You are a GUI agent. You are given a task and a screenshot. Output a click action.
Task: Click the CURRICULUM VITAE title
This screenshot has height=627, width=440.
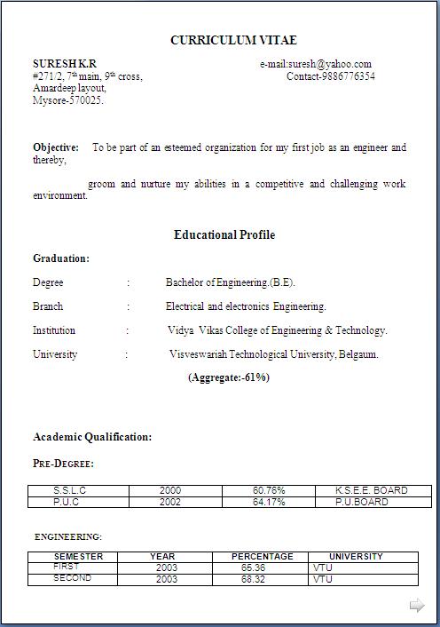[x=233, y=40]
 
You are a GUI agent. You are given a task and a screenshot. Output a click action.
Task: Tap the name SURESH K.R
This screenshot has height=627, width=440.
[x=65, y=64]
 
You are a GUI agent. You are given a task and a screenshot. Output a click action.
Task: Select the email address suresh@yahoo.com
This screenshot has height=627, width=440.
[x=316, y=64]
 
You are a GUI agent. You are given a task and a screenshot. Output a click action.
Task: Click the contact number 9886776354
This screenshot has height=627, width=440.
[x=330, y=76]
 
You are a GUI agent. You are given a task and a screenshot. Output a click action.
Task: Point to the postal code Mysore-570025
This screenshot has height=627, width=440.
[x=68, y=100]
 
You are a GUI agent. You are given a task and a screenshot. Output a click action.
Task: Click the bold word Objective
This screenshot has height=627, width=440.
[x=56, y=147]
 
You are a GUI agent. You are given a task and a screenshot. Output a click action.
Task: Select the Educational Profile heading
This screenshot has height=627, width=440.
[x=224, y=235]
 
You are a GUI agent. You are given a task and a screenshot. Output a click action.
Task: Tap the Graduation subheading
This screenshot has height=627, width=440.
[x=61, y=258]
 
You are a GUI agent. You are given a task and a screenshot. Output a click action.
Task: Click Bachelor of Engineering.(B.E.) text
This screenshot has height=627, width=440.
[x=230, y=282]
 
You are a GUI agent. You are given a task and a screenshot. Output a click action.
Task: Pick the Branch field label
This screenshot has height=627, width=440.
[x=48, y=306]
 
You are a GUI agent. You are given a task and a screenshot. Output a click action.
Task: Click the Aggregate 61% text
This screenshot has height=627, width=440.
[x=228, y=377]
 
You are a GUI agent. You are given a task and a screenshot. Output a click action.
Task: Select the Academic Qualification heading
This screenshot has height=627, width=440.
[x=92, y=437]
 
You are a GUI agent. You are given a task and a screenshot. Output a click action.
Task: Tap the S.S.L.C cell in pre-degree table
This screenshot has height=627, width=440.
[x=70, y=490]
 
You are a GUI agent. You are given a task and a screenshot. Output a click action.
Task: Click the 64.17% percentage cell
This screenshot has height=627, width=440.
[x=269, y=502]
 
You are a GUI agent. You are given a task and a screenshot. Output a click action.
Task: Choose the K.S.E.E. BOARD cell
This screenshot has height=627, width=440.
[x=372, y=490]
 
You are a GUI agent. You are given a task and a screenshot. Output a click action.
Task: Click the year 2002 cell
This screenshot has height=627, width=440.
[x=170, y=502]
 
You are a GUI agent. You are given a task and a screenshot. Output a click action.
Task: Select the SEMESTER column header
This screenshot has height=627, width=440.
[x=79, y=556]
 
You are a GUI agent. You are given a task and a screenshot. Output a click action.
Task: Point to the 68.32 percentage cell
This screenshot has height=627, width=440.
[x=254, y=579]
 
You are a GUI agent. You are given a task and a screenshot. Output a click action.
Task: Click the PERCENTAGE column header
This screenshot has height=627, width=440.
[x=263, y=556]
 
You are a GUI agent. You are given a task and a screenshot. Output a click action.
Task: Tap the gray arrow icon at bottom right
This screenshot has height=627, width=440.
[x=417, y=606]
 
